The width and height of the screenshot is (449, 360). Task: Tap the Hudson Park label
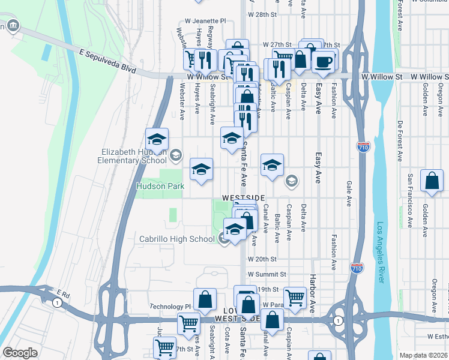[x=160, y=187]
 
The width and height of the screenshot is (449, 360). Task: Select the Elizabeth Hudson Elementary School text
[x=133, y=156]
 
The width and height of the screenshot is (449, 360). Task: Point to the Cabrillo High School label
[x=176, y=239]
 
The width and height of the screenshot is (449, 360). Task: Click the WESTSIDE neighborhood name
[x=243, y=197]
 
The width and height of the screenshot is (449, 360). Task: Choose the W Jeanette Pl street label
[x=205, y=20]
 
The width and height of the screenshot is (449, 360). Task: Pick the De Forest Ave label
[x=400, y=141]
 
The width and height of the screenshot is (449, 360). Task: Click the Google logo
[x=20, y=353]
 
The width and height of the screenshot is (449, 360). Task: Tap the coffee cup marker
[x=323, y=62]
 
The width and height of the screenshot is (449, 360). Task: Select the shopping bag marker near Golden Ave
[x=432, y=181]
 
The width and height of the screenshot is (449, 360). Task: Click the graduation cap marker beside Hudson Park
[x=201, y=169]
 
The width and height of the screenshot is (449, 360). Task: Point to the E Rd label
[x=64, y=294]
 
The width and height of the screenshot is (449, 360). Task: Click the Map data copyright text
[x=423, y=355]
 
